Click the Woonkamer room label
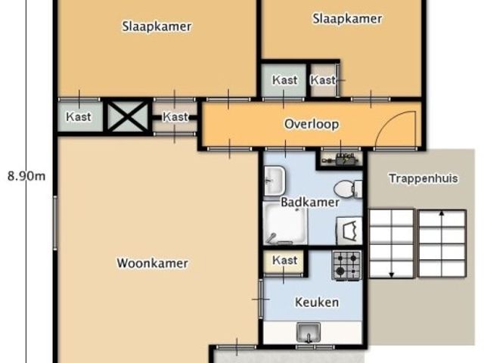(153, 263)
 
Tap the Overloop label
(312, 124)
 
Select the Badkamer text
(310, 203)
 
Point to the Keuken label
(317, 302)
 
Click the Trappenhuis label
(423, 178)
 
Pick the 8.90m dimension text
(26, 176)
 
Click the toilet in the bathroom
(348, 188)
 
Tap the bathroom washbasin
(275, 181)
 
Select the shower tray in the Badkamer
(285, 223)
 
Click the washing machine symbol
(349, 230)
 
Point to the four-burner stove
(346, 265)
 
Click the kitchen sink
(309, 332)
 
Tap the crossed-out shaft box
(127, 116)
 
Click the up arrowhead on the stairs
(442, 213)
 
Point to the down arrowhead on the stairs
(392, 275)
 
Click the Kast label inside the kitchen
(284, 260)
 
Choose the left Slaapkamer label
(157, 26)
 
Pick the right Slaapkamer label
(347, 18)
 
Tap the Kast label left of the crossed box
(79, 116)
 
